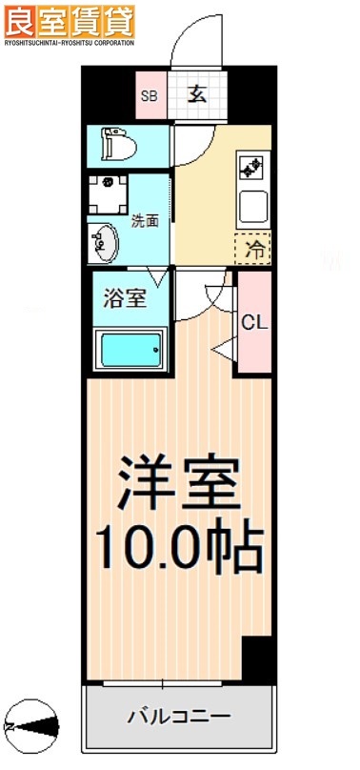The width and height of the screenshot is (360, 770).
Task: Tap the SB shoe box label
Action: click(x=150, y=95)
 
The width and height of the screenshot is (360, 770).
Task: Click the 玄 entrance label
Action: click(x=196, y=94)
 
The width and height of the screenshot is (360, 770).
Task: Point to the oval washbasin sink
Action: click(x=104, y=242)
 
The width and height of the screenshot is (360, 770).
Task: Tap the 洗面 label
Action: click(x=145, y=221)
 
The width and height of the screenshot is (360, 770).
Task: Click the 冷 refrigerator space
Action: click(x=254, y=250)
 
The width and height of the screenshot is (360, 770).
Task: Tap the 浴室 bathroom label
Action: click(x=126, y=297)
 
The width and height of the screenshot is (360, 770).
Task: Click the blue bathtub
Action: click(x=130, y=350)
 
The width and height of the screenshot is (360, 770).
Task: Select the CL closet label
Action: click(x=253, y=322)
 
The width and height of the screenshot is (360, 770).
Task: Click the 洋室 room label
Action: click(x=177, y=486)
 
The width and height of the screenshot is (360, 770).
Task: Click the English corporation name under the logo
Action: click(x=69, y=42)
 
